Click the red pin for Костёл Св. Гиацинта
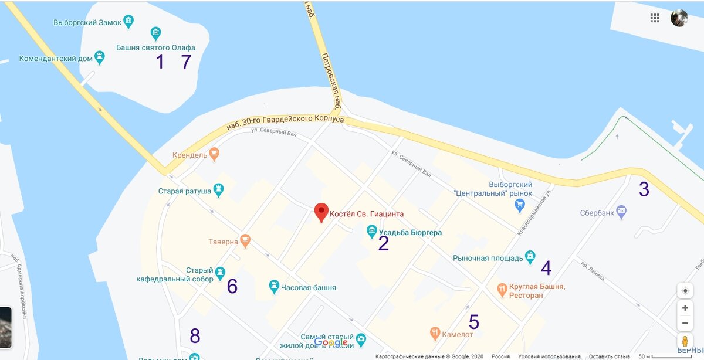tap(321, 212)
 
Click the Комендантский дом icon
tap(100, 57)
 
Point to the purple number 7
tap(186, 62)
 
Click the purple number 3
tap(644, 189)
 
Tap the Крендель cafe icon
tap(215, 154)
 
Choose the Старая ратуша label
tap(184, 191)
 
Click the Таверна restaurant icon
tap(245, 240)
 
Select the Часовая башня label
tap(309, 288)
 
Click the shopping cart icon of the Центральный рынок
tap(519, 205)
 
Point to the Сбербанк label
tap(597, 213)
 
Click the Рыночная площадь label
tap(488, 258)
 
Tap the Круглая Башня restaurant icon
tap(502, 288)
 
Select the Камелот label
tap(458, 335)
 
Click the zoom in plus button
tap(685, 308)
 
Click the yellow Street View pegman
tap(685, 341)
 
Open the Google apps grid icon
tap(655, 18)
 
